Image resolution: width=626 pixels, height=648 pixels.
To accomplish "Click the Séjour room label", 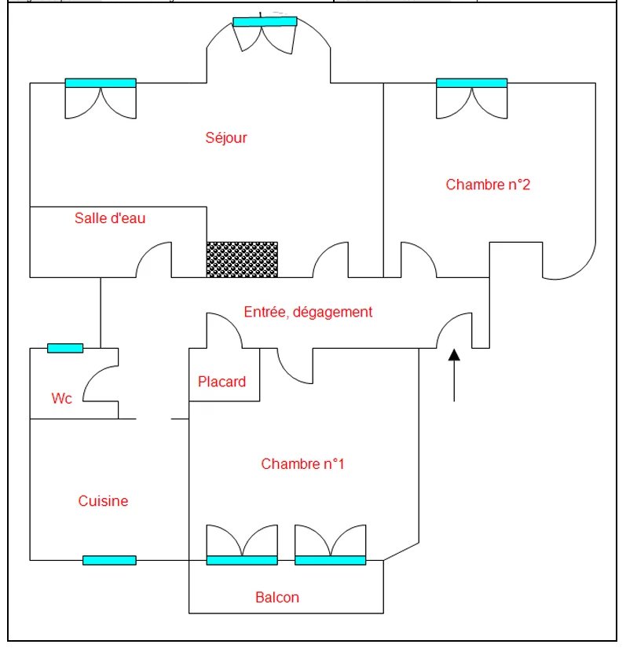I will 226,138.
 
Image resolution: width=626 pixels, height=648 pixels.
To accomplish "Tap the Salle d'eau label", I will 110,218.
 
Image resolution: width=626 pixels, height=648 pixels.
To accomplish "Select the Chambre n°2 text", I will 489,185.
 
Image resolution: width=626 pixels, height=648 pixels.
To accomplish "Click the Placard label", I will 221,383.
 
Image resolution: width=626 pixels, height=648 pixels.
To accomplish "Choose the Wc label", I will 62,399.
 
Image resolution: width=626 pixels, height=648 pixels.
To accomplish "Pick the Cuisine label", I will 103,501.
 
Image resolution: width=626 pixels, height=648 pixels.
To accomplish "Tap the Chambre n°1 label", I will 303,464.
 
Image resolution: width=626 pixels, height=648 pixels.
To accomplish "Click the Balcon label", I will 277,598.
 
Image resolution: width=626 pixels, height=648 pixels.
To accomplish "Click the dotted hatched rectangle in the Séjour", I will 242,259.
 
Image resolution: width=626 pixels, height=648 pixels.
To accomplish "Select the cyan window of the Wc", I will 65,348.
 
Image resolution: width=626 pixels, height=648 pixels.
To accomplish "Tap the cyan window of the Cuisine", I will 109,560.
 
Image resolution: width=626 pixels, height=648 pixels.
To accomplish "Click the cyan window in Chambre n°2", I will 471,82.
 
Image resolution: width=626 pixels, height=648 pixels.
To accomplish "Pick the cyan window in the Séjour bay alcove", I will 265,22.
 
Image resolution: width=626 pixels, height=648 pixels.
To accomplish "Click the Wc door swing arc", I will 97,381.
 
